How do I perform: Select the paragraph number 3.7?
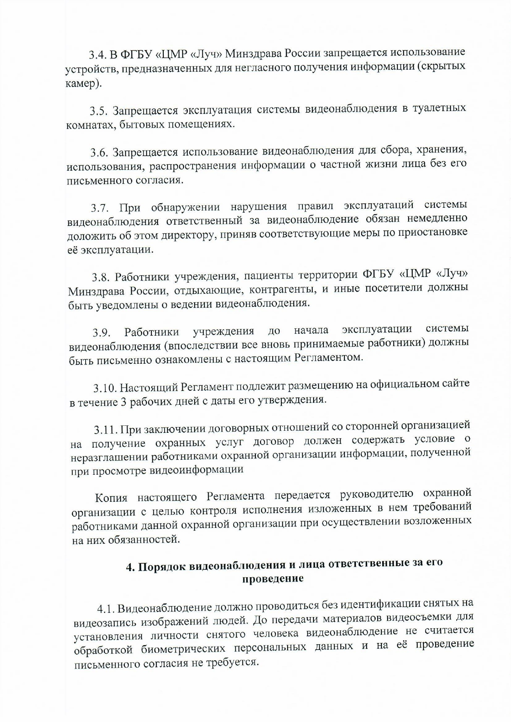pyautogui.click(x=99, y=208)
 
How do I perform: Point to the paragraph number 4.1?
pyautogui.click(x=106, y=608)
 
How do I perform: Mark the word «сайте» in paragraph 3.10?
pyautogui.click(x=455, y=384)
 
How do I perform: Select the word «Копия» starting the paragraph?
pyautogui.click(x=111, y=498)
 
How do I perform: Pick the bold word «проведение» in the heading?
pyautogui.click(x=273, y=579)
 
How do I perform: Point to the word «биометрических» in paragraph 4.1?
pyautogui.click(x=185, y=648)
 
